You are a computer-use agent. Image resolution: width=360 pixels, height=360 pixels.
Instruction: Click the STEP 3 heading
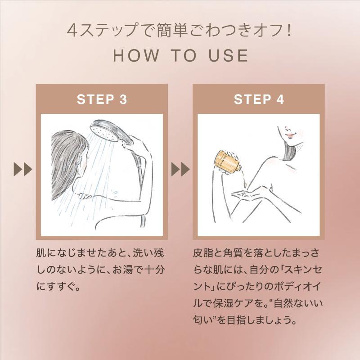[x=102, y=99]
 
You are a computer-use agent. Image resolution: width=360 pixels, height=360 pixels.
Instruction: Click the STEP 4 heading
[x=259, y=99]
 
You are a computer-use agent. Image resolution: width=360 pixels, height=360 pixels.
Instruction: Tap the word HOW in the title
[x=136, y=55]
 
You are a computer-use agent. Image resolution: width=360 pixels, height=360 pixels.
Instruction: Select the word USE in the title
[x=229, y=55]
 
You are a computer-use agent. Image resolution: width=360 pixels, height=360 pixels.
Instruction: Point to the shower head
[x=108, y=132]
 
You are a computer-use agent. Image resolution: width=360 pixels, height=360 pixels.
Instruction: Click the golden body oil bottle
[x=227, y=162]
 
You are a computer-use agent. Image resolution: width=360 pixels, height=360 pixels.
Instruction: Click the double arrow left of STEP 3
[x=23, y=170]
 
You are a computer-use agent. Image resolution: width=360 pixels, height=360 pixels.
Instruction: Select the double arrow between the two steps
[x=180, y=170]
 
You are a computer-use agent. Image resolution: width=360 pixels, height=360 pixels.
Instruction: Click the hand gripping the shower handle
[x=135, y=142]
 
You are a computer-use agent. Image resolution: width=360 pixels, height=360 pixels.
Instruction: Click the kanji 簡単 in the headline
[x=171, y=30]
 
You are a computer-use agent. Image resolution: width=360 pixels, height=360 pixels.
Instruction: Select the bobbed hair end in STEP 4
[x=290, y=156]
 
